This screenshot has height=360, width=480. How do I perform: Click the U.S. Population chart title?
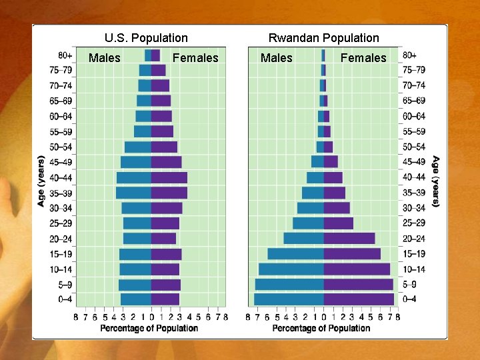[146, 38]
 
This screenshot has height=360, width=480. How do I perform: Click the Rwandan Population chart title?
[323, 38]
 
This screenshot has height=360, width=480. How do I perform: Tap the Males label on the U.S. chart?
[105, 58]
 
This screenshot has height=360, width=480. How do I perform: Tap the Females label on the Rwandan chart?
[363, 58]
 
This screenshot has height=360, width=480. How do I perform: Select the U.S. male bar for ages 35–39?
[133, 193]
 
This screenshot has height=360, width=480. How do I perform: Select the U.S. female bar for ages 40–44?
[169, 177]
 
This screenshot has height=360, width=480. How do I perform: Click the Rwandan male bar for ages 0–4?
[289, 299]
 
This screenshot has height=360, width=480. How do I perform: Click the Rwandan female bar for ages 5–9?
[358, 284]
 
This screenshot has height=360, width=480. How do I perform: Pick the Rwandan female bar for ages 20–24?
[349, 238]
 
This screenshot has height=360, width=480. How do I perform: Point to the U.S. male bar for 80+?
[147, 55]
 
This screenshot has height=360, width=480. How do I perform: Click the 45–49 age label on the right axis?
[413, 162]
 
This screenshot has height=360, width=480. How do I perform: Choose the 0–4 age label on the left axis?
[65, 299]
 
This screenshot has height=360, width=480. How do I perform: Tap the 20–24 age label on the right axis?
[413, 239]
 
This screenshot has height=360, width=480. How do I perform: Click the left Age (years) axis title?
[41, 181]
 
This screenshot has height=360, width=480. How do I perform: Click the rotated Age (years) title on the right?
[435, 181]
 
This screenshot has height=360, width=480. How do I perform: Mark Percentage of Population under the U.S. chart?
[149, 328]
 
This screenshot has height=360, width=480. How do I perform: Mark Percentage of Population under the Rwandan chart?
[321, 328]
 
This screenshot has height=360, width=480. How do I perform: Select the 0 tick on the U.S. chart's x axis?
[151, 317]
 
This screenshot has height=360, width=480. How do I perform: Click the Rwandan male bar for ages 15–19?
[295, 253]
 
